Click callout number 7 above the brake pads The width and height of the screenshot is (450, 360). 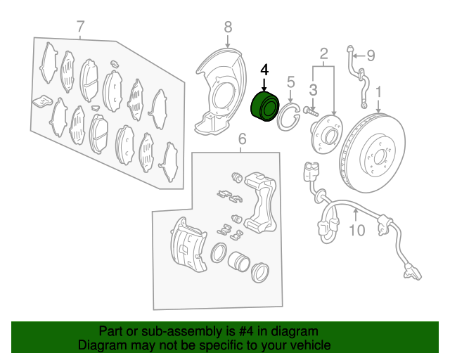81,27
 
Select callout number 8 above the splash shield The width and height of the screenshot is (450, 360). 228,27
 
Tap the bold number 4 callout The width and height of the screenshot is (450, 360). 264,70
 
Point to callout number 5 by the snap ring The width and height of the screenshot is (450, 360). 290,82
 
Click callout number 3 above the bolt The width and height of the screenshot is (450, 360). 314,89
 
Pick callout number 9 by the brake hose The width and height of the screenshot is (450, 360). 371,55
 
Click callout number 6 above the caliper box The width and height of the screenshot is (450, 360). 242,138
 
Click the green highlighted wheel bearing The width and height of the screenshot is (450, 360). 264,107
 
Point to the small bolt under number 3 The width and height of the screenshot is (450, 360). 311,110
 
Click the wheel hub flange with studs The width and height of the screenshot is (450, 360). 323,133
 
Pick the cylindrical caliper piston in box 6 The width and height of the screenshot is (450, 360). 238,262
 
